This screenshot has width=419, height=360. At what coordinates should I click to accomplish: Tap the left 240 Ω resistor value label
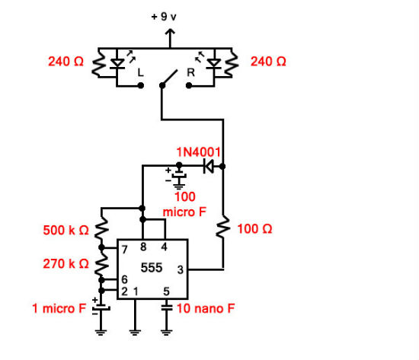(x=66, y=62)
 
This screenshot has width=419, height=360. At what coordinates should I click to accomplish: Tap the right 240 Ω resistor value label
(x=267, y=62)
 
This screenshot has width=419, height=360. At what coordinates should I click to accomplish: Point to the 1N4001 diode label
(x=198, y=151)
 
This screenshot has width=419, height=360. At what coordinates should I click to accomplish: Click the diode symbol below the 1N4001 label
(x=209, y=165)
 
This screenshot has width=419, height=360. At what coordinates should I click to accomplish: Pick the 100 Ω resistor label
(x=254, y=228)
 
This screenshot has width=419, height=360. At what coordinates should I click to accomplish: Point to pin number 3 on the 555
(x=180, y=269)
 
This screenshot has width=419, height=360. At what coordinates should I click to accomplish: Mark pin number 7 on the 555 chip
(x=122, y=249)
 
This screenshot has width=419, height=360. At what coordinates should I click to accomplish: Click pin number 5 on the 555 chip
(x=167, y=291)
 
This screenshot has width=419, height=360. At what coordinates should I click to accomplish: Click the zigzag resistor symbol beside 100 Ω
(x=223, y=228)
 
